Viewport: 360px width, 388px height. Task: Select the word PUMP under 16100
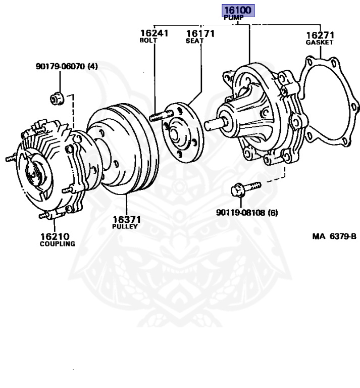click(234, 18)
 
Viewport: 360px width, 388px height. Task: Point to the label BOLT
click(148, 40)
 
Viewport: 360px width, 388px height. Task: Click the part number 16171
click(200, 33)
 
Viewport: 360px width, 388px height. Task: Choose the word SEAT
click(194, 40)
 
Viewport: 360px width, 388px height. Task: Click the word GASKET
click(320, 43)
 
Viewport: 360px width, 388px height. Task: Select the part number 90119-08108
click(241, 213)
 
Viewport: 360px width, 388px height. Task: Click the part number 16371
click(126, 220)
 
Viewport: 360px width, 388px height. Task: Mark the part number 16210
click(55, 236)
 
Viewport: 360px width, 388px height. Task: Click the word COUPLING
click(57, 244)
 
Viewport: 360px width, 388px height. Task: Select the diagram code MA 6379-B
click(333, 236)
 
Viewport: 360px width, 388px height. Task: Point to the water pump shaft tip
click(210, 122)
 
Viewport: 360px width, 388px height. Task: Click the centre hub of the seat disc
click(178, 134)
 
